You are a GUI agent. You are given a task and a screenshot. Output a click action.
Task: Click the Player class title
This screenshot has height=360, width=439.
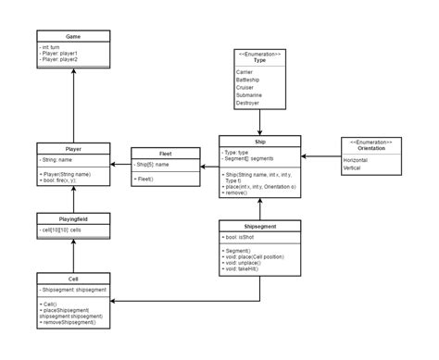pyautogui.click(x=73, y=148)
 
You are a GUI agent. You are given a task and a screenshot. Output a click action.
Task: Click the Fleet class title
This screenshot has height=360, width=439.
pyautogui.click(x=166, y=154)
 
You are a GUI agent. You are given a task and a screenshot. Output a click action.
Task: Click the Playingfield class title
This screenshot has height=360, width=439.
pyautogui.click(x=73, y=217)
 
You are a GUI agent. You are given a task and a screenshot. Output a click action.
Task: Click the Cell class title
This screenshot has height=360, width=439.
pyautogui.click(x=73, y=278)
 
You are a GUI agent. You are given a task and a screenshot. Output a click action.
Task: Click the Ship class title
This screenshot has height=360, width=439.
pyautogui.click(x=260, y=141)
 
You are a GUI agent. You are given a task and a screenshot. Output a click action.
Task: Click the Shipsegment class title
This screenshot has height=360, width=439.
pyautogui.click(x=260, y=225)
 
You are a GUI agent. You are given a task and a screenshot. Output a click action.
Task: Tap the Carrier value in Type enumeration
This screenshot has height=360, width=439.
pyautogui.click(x=245, y=72)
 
